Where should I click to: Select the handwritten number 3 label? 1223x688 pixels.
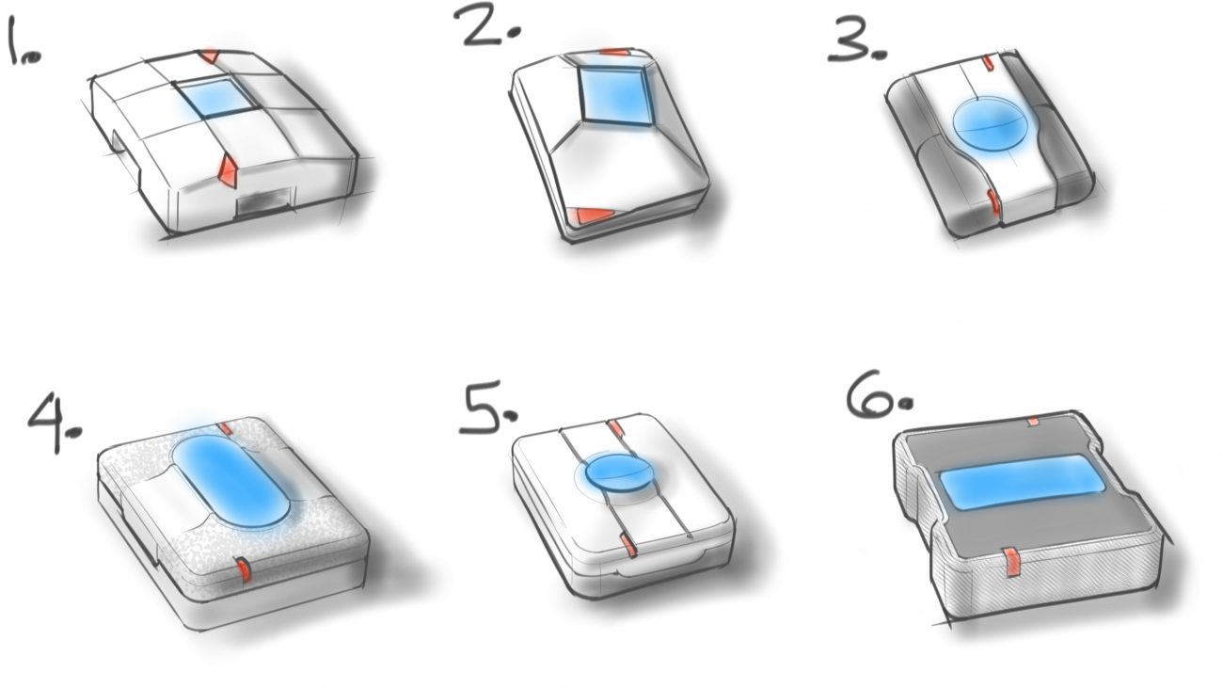pos(857,39)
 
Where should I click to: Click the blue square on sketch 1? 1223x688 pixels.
pos(217,97)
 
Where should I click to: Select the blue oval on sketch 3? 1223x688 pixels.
pos(991,124)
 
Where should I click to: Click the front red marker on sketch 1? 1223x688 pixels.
pos(227,170)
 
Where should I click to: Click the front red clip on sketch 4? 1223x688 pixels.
pos(243,569)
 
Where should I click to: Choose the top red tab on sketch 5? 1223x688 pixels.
pos(615,426)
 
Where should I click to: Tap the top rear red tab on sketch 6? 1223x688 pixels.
pos(1032,421)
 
